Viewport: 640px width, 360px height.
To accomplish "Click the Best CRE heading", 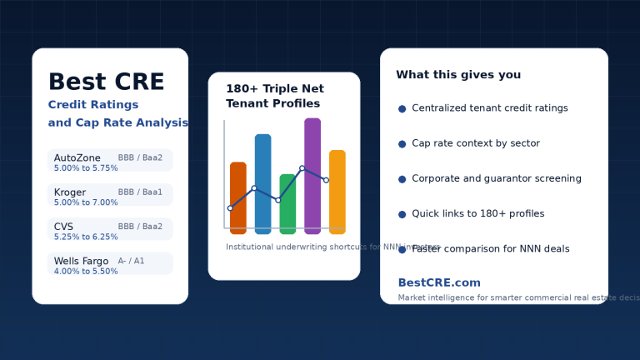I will click(106, 82).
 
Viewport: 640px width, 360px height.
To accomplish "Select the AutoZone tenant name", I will click(77, 157).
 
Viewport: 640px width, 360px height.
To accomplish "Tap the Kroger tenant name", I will click(70, 192).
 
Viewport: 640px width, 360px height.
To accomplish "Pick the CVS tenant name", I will click(64, 226).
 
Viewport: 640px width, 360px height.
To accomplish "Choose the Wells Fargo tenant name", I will click(81, 261).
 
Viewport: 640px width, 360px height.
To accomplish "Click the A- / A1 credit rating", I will click(131, 261).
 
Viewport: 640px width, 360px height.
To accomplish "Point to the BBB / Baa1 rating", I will click(140, 192).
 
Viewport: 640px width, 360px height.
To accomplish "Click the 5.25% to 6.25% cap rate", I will click(86, 237).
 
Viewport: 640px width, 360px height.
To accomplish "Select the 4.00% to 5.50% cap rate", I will click(86, 272).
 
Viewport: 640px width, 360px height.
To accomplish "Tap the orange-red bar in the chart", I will click(238, 200).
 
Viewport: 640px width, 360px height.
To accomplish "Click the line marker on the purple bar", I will click(302, 168).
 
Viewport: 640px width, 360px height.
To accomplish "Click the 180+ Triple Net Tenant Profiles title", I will click(275, 96).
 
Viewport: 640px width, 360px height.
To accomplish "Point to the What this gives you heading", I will click(458, 75).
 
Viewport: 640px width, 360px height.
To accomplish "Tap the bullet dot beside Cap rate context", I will click(402, 144).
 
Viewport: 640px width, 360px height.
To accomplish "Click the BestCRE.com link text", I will click(439, 282).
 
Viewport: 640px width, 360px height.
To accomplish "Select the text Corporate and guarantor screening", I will click(497, 178).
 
